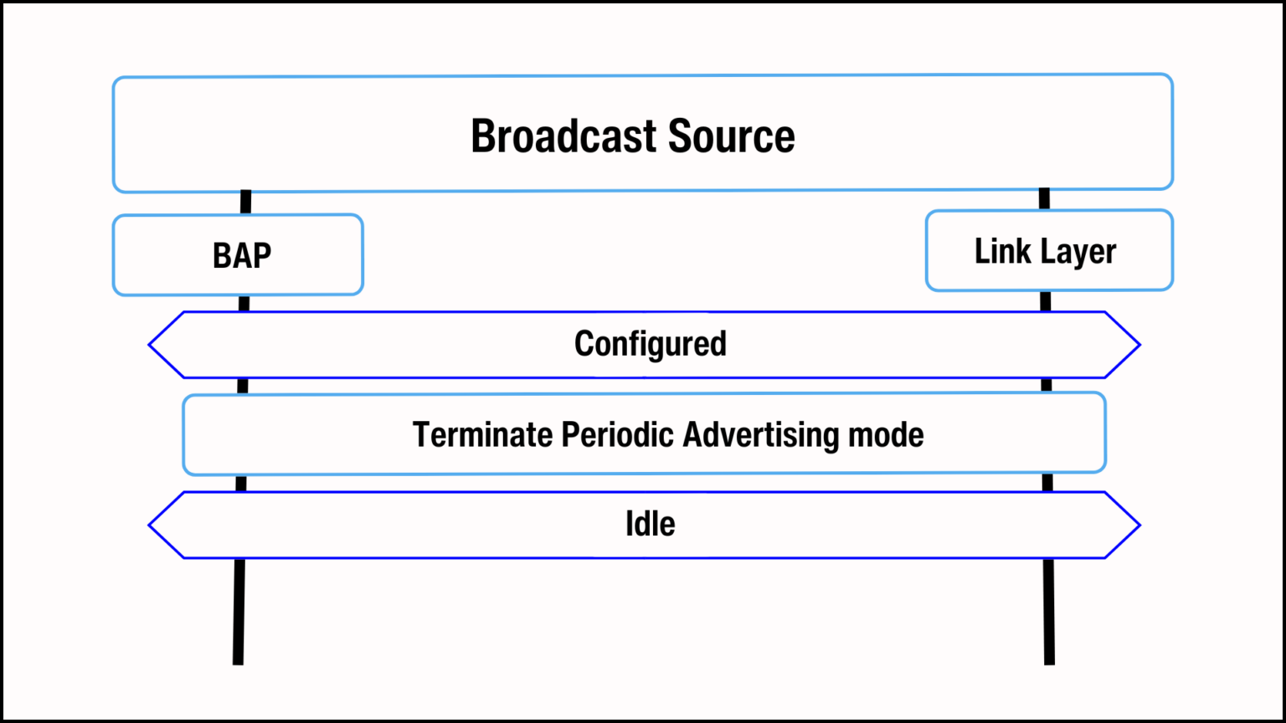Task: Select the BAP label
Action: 242,256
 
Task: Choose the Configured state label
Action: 650,344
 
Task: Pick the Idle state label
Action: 650,524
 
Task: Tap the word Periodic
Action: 618,435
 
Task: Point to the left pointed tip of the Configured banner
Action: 151,345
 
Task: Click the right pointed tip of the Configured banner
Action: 1138,345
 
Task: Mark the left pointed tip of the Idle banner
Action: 151,526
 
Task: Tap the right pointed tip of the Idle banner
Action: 1138,526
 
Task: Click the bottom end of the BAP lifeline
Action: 239,660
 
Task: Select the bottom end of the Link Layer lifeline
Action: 1049,660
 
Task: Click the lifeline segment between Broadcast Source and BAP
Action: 245,203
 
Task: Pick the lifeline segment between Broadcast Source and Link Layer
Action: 1044,199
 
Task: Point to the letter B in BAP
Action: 222,256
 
